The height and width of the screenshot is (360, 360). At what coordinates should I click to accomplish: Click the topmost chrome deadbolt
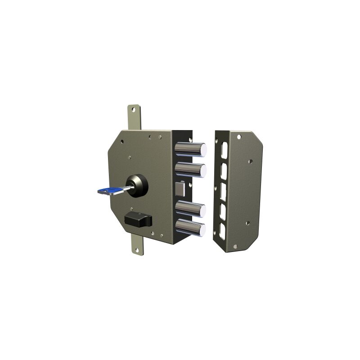tap(190, 149)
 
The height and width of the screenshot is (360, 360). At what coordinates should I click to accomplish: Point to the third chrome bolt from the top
tap(190, 209)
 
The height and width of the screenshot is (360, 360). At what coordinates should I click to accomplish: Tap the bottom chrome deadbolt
tap(190, 227)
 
